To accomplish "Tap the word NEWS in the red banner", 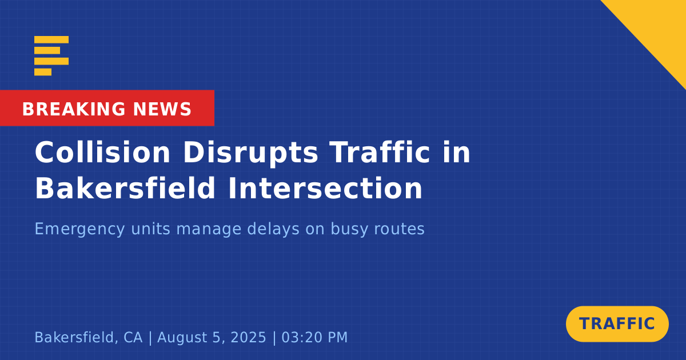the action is coord(162,109).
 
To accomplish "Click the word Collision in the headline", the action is coord(102,153).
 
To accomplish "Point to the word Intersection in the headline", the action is coord(325,188).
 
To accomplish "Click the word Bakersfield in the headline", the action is coord(125,188).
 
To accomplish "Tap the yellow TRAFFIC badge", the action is coord(617,324).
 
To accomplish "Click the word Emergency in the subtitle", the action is coord(79,229).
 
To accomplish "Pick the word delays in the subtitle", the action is coord(273,229).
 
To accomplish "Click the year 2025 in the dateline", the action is coord(248,337).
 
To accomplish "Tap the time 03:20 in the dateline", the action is coord(301,337).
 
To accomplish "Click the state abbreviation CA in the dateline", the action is coord(133,337).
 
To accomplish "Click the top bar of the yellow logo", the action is coord(51,39).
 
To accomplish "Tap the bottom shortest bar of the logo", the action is coord(43,72).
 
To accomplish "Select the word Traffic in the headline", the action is coord(380,153).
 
